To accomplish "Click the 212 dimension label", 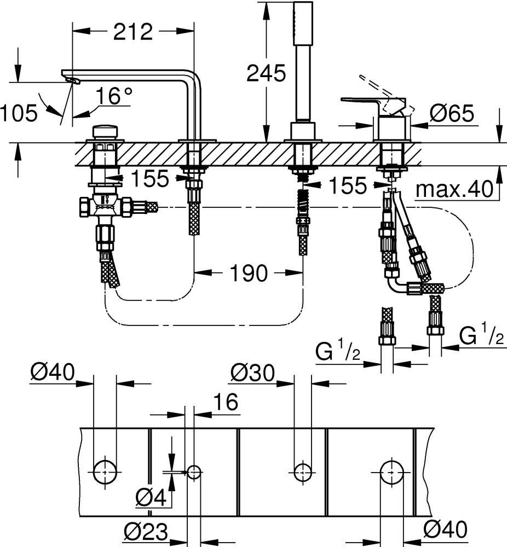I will (x=133, y=32).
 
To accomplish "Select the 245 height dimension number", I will (x=266, y=73).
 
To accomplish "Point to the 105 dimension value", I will (x=19, y=113).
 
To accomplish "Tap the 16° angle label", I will (x=114, y=97).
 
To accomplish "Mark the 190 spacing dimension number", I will (x=249, y=273).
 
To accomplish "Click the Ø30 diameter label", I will (x=251, y=373).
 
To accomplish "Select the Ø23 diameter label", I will (x=145, y=530).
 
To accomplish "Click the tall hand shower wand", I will (x=303, y=60).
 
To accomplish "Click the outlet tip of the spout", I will (x=72, y=81).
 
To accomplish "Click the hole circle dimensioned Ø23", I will (x=194, y=471).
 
